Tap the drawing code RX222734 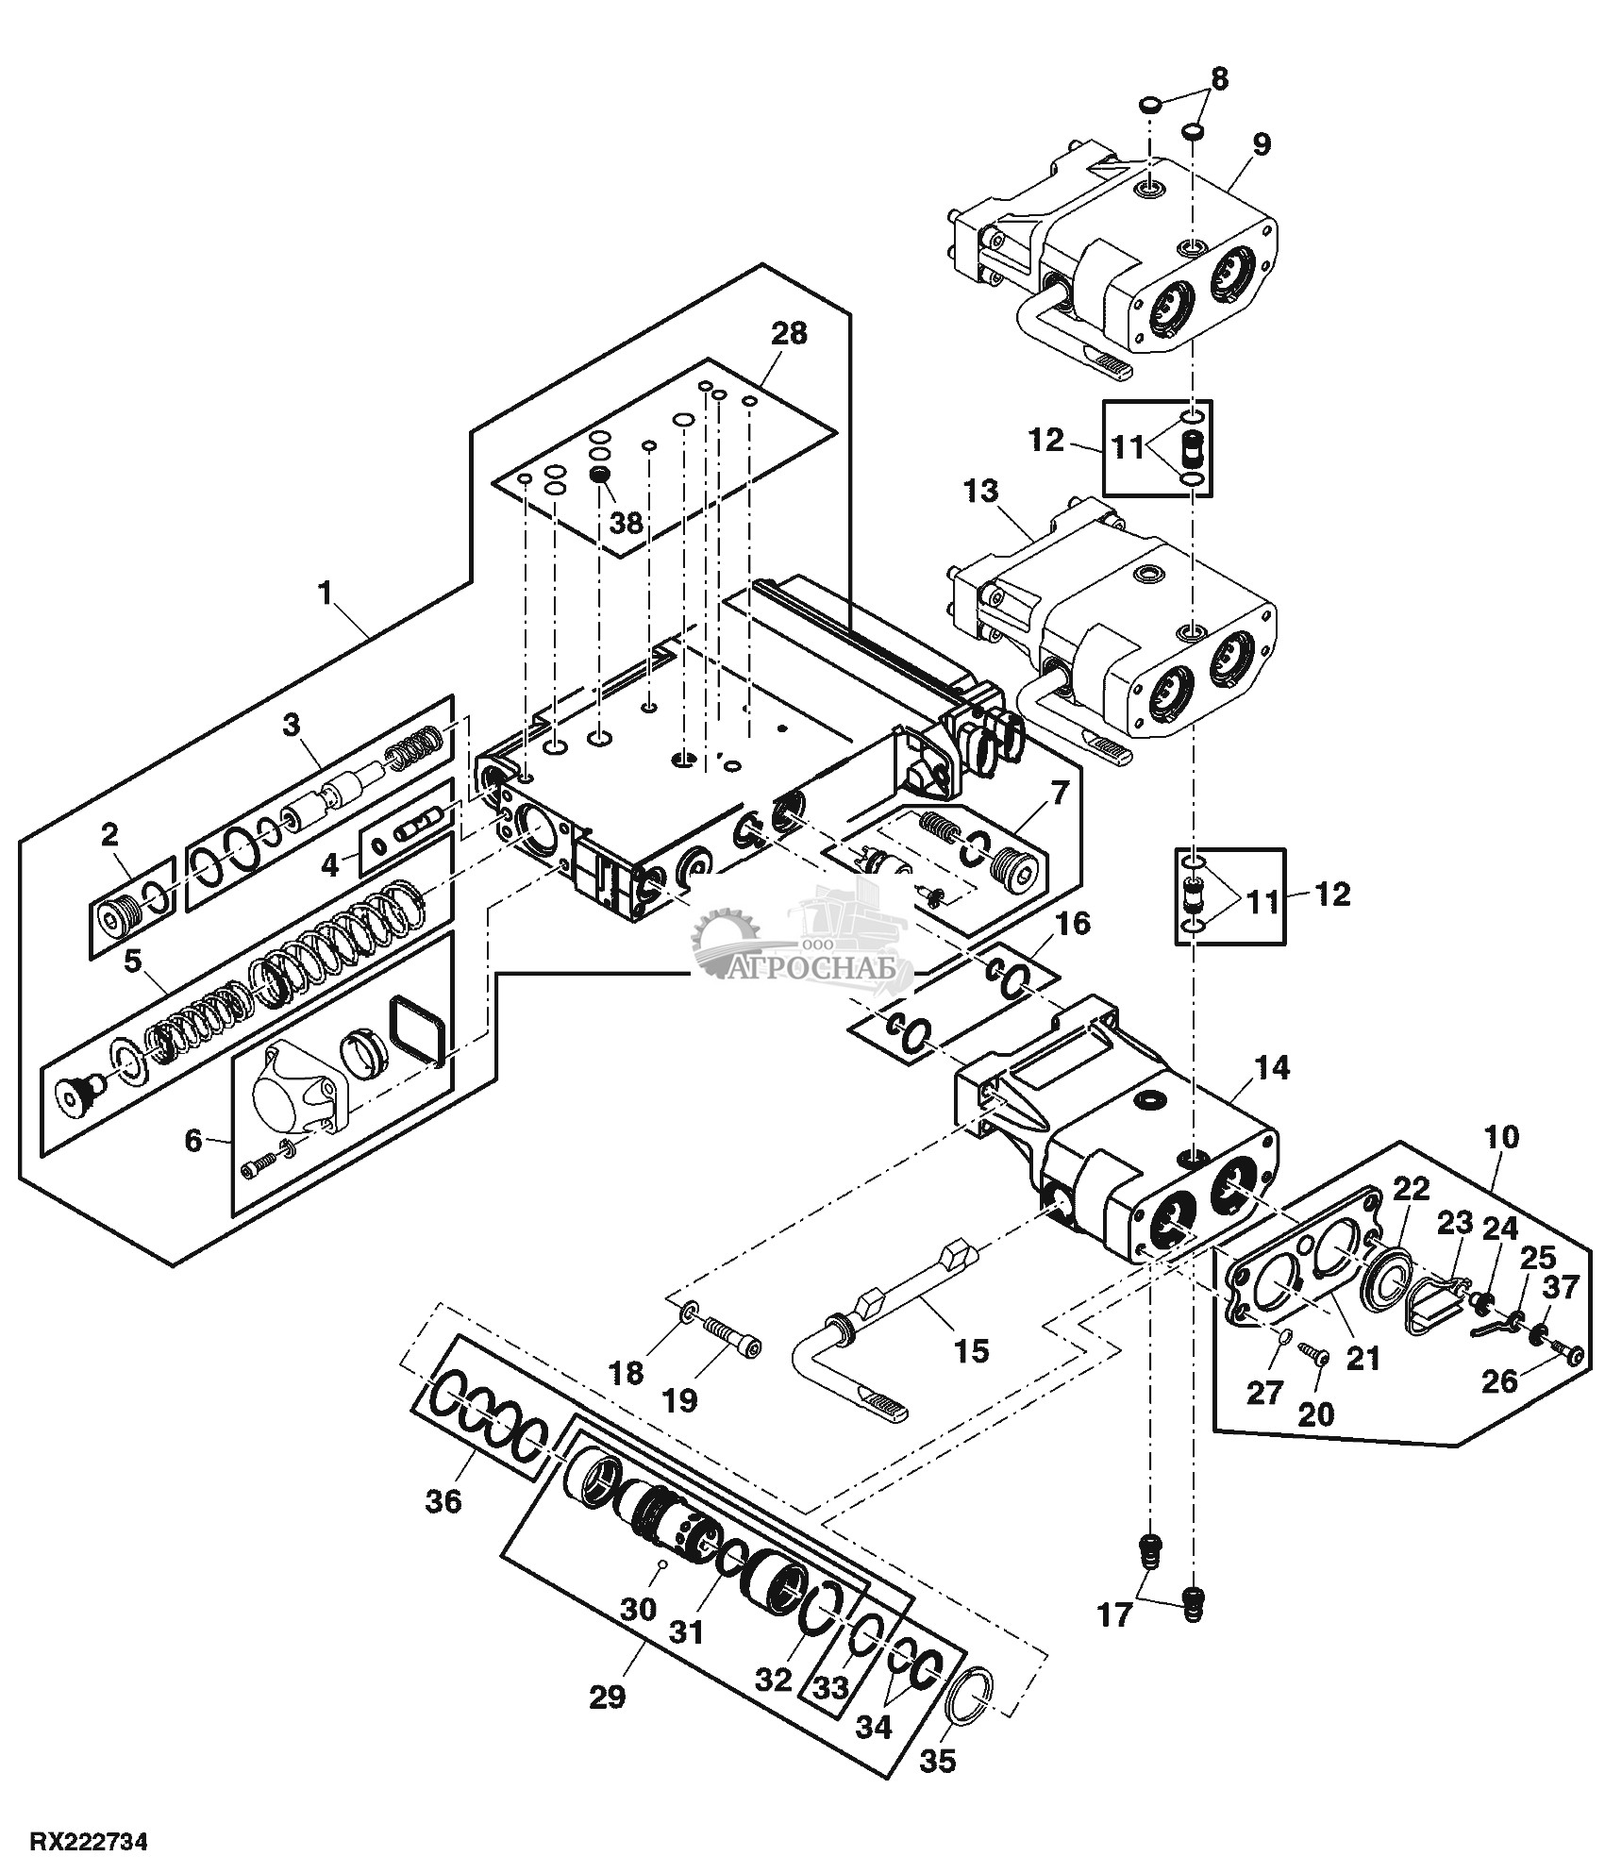click(x=89, y=1842)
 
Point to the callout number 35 click(x=941, y=1759)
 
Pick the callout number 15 click(x=971, y=1351)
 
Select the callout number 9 click(x=1262, y=144)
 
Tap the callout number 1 click(x=326, y=594)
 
